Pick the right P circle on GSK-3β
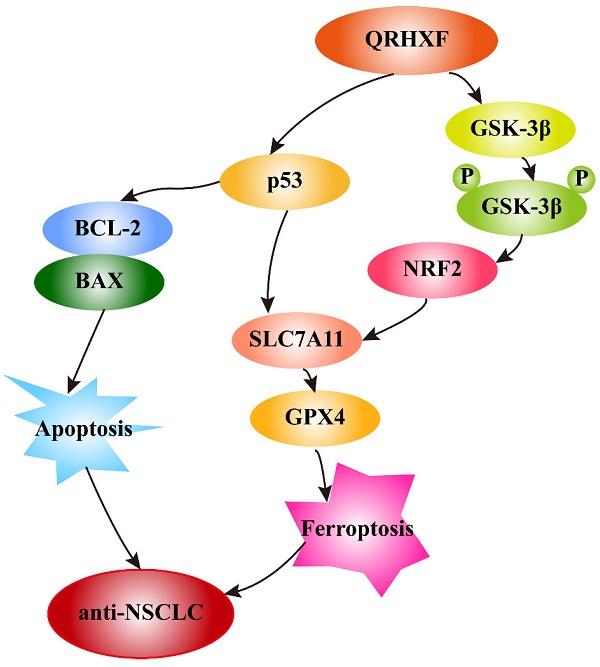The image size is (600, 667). point(579,180)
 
